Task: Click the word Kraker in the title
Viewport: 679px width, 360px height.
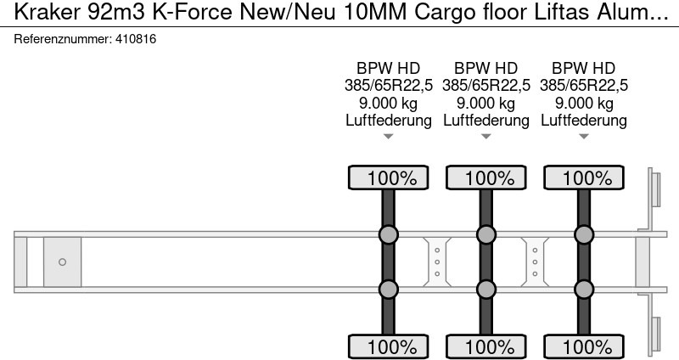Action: [x=39, y=12]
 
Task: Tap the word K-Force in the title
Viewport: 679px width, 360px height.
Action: [x=183, y=12]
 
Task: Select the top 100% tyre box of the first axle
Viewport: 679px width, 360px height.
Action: [x=389, y=178]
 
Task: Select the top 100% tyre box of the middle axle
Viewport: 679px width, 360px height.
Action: [x=485, y=178]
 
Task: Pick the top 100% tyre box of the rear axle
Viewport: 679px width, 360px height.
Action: [x=583, y=178]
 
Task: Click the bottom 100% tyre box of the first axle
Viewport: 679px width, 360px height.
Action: [x=389, y=346]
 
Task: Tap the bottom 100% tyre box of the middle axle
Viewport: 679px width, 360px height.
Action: [x=485, y=346]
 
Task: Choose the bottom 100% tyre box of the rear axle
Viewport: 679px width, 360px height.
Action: [x=583, y=346]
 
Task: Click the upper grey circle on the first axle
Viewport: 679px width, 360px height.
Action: [x=388, y=235]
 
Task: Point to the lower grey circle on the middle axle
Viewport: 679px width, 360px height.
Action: [x=485, y=290]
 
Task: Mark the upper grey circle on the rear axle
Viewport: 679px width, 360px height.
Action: [x=583, y=235]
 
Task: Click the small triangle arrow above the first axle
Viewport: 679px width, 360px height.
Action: [x=389, y=137]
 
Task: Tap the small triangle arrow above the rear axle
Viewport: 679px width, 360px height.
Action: [x=583, y=137]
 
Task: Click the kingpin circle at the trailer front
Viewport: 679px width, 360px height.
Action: [x=62, y=262]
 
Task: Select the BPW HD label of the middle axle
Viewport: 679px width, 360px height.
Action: [x=485, y=68]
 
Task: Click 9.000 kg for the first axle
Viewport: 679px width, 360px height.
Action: [x=389, y=103]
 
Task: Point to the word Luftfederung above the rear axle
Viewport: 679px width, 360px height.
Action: [x=583, y=120]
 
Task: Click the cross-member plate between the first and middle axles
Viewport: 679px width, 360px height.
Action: [x=436, y=262]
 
